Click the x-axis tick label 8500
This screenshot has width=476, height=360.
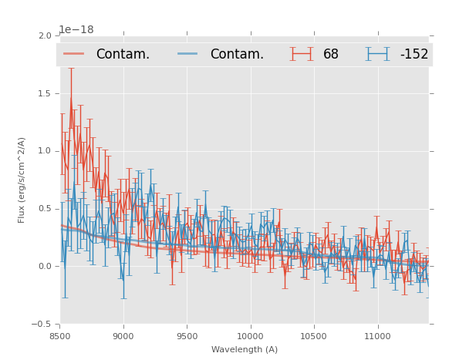point(60,336)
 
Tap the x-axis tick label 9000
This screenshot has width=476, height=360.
point(123,336)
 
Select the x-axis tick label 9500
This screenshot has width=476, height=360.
point(187,336)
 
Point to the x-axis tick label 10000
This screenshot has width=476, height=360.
point(251,336)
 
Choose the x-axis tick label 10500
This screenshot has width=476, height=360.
point(314,336)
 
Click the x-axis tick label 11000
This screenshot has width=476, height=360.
point(377,336)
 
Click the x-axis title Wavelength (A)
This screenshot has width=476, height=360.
point(245,349)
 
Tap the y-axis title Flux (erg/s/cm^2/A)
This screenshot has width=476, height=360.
point(22,180)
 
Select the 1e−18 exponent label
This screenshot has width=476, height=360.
point(76,30)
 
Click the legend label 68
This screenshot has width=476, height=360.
point(330,54)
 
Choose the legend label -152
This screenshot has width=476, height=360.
point(414,54)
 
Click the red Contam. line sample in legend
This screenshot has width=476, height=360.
point(74,54)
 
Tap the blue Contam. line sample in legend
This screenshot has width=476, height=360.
point(189,54)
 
